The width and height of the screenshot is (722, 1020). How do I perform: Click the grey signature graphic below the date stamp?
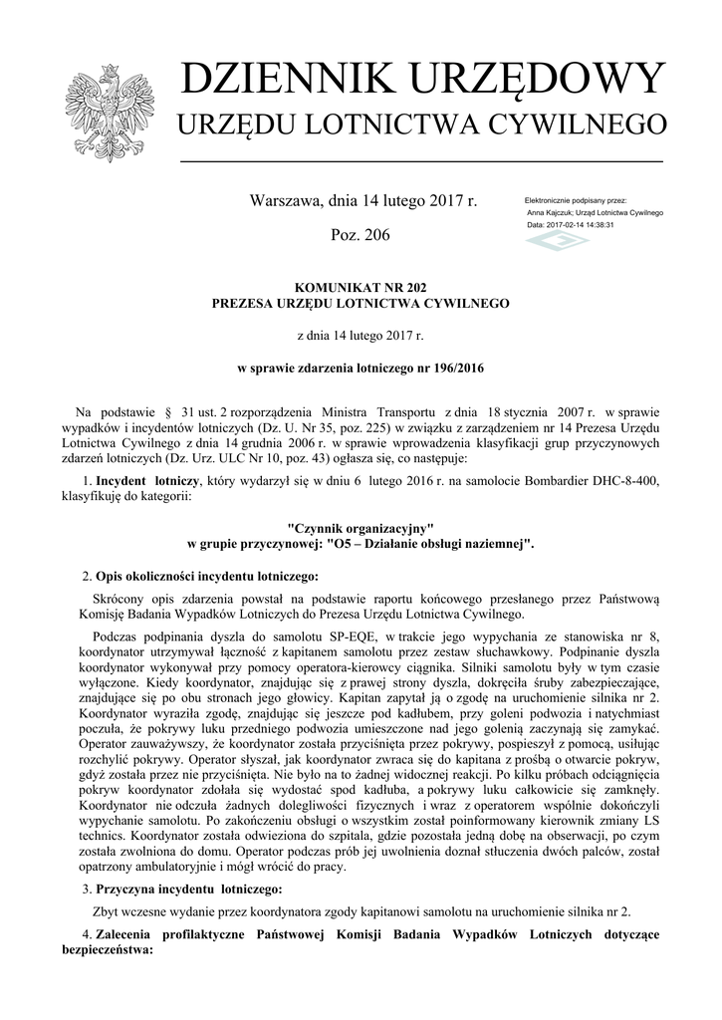pos(557,243)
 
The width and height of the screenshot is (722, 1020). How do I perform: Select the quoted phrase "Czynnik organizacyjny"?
pos(361,527)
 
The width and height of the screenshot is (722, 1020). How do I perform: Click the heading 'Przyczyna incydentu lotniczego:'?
pos(189,888)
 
